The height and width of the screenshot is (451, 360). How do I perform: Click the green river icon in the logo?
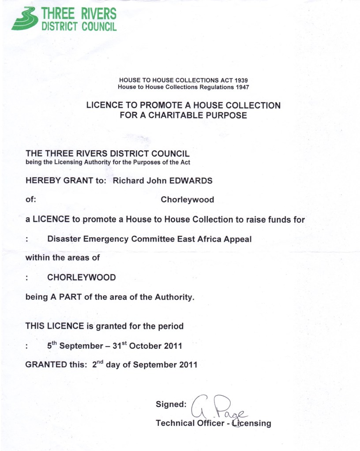point(24,19)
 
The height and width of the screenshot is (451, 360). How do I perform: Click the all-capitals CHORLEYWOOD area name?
point(81,278)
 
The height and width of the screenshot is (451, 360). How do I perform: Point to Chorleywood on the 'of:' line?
point(187,200)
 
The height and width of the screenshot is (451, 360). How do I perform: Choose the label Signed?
point(171,404)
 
